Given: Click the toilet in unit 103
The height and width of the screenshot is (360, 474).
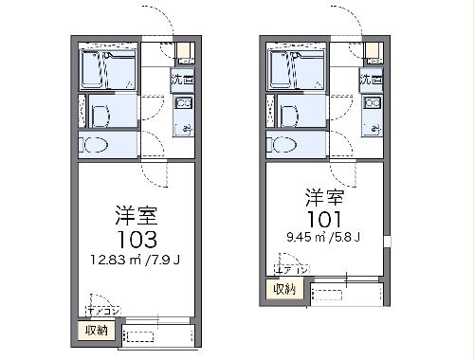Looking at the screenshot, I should point(96,146).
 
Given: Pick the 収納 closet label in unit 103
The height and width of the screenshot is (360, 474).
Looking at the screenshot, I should point(97,330).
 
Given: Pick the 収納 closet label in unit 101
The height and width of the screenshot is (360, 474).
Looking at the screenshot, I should point(284,289).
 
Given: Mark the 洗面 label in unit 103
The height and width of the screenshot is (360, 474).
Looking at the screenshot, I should point(183,81).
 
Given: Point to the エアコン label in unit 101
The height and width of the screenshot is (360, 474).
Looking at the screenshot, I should point(284,271).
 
